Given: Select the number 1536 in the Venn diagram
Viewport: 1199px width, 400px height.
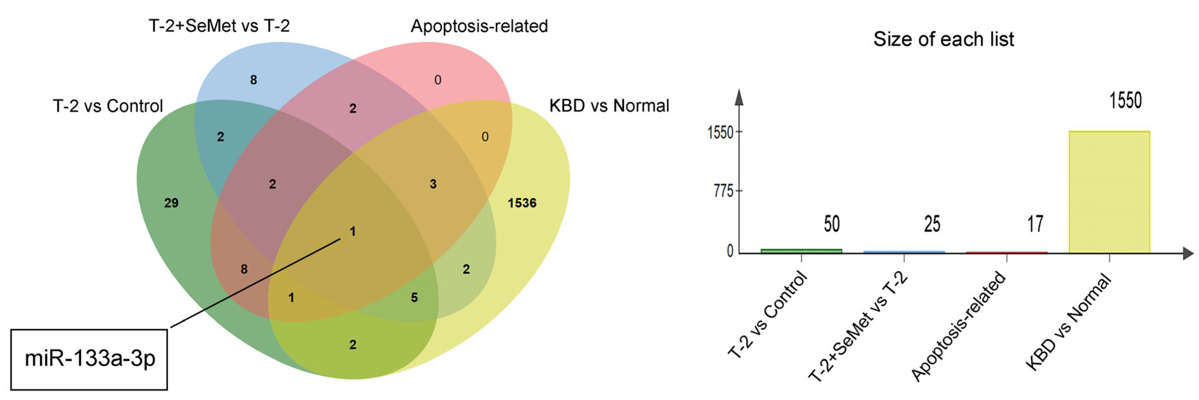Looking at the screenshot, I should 522,203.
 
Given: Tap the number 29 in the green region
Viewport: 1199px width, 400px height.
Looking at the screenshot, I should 171,203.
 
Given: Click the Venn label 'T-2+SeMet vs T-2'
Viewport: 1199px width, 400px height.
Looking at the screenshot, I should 219,26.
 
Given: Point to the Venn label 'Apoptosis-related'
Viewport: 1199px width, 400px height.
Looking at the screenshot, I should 479,26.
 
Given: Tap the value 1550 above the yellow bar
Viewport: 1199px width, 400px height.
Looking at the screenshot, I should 1125,101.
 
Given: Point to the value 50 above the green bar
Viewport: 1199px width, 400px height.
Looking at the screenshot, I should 831,224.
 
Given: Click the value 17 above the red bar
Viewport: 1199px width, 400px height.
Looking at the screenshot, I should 1035,224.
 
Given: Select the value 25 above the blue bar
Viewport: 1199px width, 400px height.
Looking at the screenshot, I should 932,224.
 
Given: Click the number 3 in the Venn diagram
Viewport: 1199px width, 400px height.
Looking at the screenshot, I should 433,184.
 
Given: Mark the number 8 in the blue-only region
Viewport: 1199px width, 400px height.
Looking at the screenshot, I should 253,80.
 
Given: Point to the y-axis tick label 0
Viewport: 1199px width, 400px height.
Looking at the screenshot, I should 730,251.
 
